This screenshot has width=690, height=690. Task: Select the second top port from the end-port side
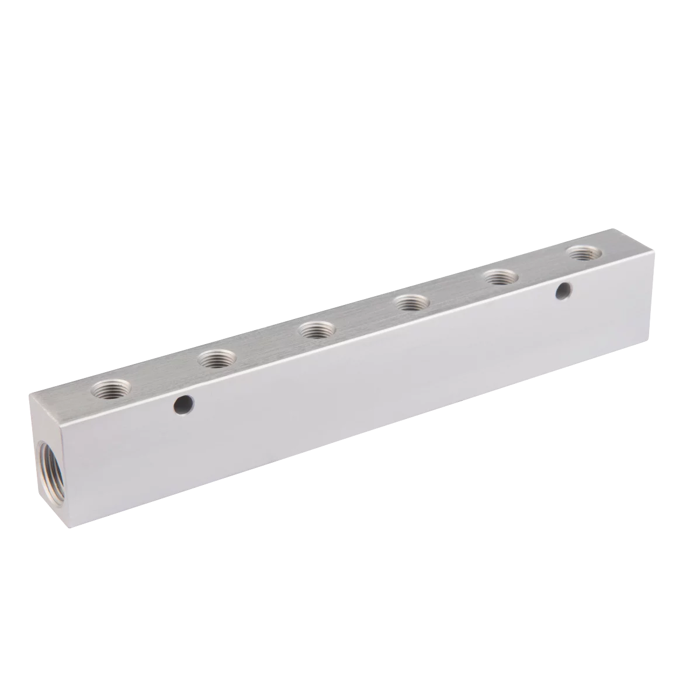216,358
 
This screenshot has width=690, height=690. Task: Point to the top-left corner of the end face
29,394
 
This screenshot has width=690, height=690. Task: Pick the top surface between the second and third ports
266,344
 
